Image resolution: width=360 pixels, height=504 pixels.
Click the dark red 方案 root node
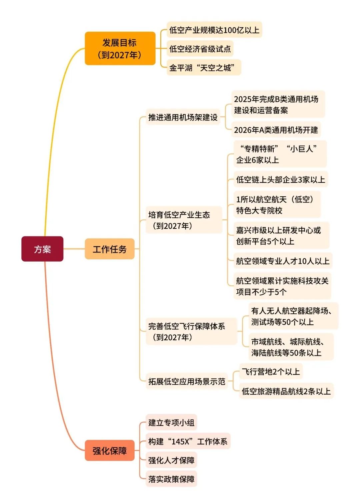(x=42, y=249)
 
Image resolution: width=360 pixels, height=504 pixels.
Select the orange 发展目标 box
(x=120, y=48)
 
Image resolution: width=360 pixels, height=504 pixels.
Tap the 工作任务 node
(x=110, y=249)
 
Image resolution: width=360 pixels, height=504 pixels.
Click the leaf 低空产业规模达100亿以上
(x=214, y=30)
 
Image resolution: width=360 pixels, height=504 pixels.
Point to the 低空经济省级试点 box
(x=200, y=49)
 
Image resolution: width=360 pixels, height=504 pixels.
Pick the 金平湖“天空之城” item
(x=204, y=67)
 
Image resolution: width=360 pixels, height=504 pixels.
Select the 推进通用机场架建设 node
(x=183, y=117)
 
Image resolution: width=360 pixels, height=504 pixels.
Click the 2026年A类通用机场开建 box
(x=276, y=130)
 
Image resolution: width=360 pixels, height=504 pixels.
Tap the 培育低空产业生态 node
(x=184, y=220)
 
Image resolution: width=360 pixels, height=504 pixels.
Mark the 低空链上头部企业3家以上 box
(x=281, y=179)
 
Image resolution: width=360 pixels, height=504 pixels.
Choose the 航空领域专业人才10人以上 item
(x=283, y=261)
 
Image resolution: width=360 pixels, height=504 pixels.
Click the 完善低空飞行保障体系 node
(x=191, y=331)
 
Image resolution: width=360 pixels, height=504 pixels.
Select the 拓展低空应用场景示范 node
(x=187, y=381)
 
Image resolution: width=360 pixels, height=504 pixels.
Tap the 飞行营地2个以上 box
(x=271, y=371)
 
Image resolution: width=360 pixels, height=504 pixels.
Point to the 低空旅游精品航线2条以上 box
(x=286, y=391)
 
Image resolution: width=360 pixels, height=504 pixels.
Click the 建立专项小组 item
(x=171, y=422)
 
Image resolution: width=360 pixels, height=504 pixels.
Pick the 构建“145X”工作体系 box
(x=188, y=441)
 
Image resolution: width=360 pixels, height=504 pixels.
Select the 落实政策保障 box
(x=171, y=479)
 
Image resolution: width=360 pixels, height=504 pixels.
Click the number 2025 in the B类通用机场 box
(x=242, y=99)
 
